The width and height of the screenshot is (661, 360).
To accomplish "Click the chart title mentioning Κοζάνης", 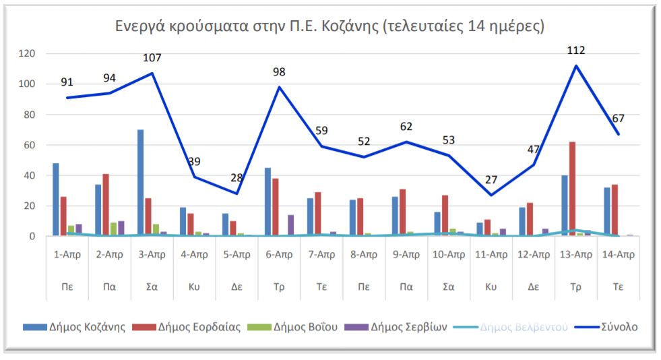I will (x=329, y=27).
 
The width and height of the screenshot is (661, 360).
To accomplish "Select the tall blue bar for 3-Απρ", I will (x=141, y=183).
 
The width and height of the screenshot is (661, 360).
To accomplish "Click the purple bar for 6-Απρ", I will (x=291, y=225).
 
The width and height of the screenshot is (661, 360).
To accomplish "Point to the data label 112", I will (x=576, y=50).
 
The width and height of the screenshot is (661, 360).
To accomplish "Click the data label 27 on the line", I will (x=491, y=179).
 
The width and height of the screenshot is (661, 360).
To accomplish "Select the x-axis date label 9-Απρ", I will (x=406, y=255).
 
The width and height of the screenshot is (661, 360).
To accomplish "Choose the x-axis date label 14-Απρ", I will (x=618, y=255).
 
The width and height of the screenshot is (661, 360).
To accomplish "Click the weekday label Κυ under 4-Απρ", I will (x=195, y=285).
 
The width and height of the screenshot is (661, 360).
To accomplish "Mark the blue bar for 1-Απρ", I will (x=56, y=200).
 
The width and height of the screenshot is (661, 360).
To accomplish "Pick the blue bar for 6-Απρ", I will (x=267, y=202).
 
